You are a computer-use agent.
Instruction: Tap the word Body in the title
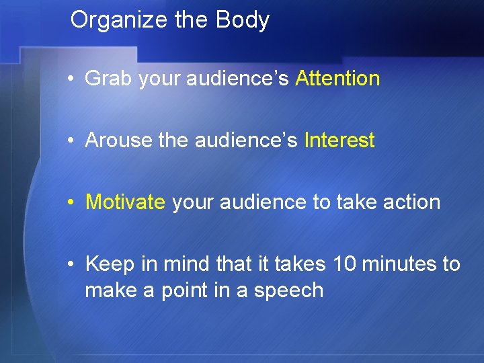click(243, 20)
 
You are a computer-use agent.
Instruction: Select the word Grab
click(109, 79)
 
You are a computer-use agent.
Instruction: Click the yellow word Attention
click(337, 79)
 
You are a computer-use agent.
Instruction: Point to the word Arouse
click(119, 140)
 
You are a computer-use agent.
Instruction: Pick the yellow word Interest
click(339, 140)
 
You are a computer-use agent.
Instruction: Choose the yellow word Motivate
click(125, 202)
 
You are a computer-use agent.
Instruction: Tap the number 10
click(345, 264)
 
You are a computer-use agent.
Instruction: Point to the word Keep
click(110, 264)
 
